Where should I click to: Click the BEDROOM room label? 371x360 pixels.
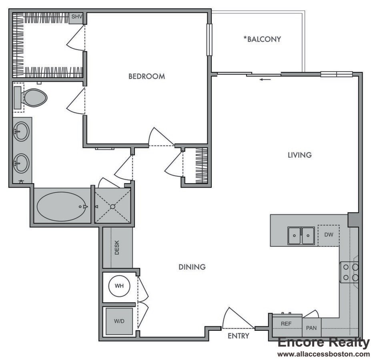coord(146,76)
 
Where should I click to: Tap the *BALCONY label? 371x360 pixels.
coord(262,39)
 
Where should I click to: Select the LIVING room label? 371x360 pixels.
coord(299,155)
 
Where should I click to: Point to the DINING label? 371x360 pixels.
coord(192,267)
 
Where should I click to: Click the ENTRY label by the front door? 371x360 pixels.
coord(239,336)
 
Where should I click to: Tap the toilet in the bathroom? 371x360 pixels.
coord(34,97)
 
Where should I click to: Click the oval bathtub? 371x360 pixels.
coord(62,206)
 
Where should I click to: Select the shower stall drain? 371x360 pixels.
coord(113,206)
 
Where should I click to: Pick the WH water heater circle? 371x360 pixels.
coord(119,286)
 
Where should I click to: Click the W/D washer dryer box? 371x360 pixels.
coord(119,321)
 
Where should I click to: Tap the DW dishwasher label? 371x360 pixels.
coord(329,235)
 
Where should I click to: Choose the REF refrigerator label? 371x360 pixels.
coord(286,324)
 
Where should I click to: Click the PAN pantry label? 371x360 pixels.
coord(311,328)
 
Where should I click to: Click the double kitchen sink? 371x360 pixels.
coord(301,236)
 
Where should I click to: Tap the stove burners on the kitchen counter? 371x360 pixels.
coord(350,272)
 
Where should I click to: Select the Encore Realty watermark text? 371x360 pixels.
coord(323,342)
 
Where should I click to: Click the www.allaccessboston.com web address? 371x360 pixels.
coord(323,354)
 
